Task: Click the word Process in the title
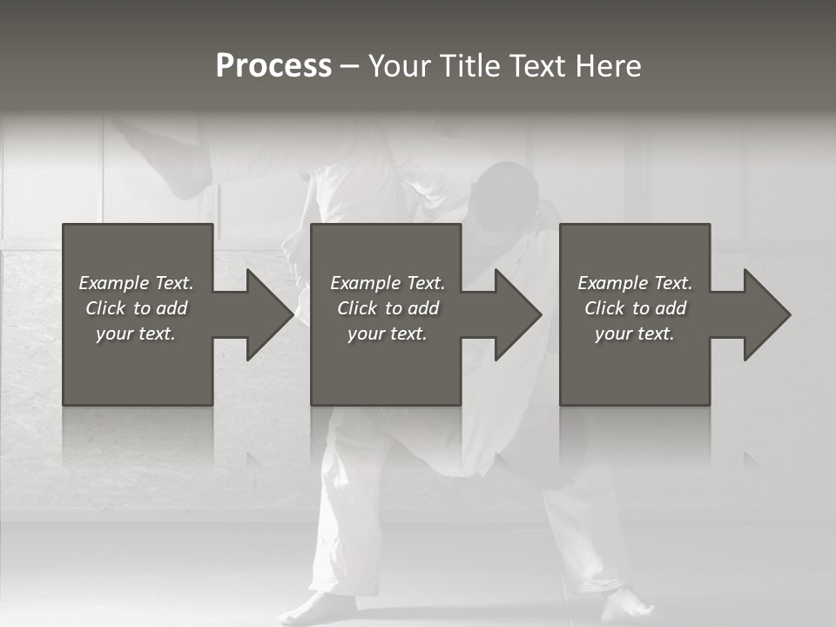click(273, 66)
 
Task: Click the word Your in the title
click(402, 66)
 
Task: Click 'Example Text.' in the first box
click(136, 283)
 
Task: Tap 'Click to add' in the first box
click(136, 308)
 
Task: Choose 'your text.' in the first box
click(136, 334)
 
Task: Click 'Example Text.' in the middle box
click(387, 283)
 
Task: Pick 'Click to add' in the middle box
click(387, 308)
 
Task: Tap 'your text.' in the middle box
click(387, 334)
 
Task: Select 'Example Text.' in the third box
click(635, 283)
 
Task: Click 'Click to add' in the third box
click(635, 308)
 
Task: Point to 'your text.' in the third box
click(635, 334)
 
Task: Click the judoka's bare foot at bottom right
click(626, 605)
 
